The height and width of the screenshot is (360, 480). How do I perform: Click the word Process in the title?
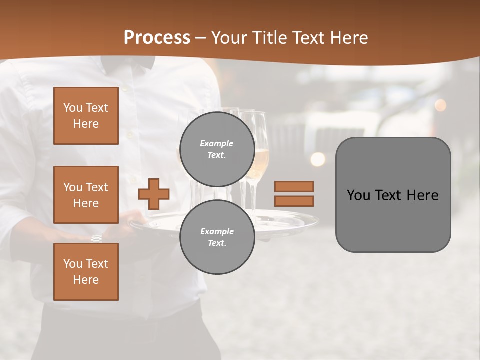157,38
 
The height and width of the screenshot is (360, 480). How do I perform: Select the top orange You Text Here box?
86,116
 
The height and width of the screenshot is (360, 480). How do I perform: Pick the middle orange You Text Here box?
86,195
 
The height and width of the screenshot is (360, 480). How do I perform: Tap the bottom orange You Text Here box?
86,272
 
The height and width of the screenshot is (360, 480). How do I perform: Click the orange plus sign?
154,194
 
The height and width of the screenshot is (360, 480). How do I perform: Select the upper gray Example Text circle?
217,149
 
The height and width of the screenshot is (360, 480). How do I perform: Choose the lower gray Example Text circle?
217,237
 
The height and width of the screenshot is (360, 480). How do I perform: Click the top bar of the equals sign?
294,186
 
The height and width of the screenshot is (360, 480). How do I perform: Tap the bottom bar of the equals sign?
294,201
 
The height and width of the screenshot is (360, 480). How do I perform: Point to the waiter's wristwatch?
96,238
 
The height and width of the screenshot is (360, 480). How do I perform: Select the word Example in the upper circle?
217,143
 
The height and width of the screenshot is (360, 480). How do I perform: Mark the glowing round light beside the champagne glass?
317,159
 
